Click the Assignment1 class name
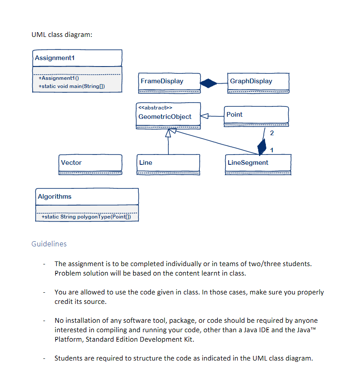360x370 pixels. click(x=54, y=58)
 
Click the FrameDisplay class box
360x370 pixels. click(x=169, y=82)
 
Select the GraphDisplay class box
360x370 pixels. click(x=259, y=82)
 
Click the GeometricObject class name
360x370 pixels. click(x=165, y=117)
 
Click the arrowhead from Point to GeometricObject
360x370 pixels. click(x=205, y=116)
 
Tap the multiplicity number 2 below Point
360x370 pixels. click(x=272, y=133)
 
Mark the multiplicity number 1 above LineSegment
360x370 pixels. click(x=272, y=149)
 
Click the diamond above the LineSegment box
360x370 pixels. click(x=262, y=147)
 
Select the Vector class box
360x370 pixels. click(x=91, y=164)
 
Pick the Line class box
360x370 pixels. click(x=168, y=164)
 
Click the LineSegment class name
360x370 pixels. click(x=248, y=163)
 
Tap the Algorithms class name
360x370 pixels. click(x=55, y=197)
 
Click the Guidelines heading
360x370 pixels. click(x=49, y=244)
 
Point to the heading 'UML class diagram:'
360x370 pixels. click(x=61, y=35)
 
